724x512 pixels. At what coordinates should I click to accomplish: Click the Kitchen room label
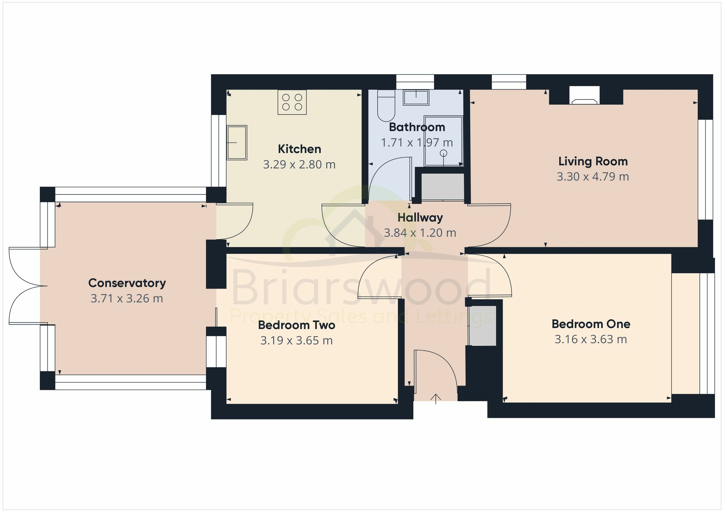[299, 149]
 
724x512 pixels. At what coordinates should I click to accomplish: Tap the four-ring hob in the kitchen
[292, 102]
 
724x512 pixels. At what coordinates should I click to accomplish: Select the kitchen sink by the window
[237, 143]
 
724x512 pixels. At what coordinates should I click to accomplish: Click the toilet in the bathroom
[386, 106]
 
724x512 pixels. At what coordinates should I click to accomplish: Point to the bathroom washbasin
[416, 97]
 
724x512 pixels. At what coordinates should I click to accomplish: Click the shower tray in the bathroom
[443, 141]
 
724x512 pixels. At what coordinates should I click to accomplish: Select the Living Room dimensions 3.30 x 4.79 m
[593, 177]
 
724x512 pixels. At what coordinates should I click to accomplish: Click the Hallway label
[420, 217]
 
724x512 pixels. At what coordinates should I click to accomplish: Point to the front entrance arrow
[436, 399]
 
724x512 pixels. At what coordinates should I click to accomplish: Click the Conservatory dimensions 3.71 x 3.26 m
[127, 299]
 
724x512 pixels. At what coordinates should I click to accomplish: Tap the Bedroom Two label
[296, 325]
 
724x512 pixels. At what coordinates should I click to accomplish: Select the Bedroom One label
[591, 324]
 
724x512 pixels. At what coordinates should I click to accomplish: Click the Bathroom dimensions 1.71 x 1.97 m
[417, 143]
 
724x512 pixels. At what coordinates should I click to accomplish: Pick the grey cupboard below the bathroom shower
[443, 187]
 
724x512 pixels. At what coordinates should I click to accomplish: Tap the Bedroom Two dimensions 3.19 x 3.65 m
[296, 340]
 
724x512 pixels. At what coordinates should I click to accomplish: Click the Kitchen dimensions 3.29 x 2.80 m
[299, 165]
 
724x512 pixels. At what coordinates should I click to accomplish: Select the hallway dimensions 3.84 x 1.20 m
[420, 233]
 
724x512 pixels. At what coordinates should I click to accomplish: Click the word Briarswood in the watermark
[361, 288]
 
